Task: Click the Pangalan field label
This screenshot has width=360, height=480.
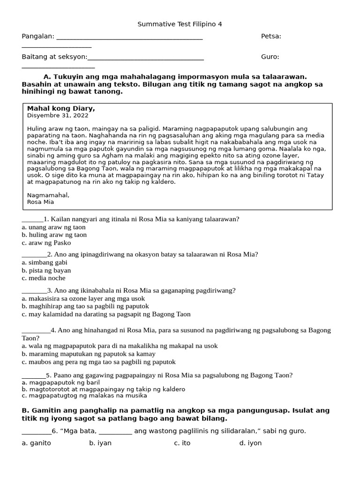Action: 38,37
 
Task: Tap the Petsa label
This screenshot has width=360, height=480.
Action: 271,37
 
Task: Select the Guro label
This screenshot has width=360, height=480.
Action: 270,57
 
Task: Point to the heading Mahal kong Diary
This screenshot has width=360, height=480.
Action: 61,109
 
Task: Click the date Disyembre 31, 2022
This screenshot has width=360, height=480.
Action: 58,115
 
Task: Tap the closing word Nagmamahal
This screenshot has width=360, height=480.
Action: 48,195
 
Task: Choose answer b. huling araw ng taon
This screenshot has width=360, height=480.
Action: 54,235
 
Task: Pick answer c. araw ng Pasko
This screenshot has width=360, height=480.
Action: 46,243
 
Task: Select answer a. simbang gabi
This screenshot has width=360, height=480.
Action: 45,262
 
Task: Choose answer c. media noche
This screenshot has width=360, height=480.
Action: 44,278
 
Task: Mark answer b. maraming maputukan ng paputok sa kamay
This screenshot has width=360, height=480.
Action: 89,354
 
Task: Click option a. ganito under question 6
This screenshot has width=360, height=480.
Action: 36,443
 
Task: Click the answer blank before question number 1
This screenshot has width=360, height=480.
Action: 32,219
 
